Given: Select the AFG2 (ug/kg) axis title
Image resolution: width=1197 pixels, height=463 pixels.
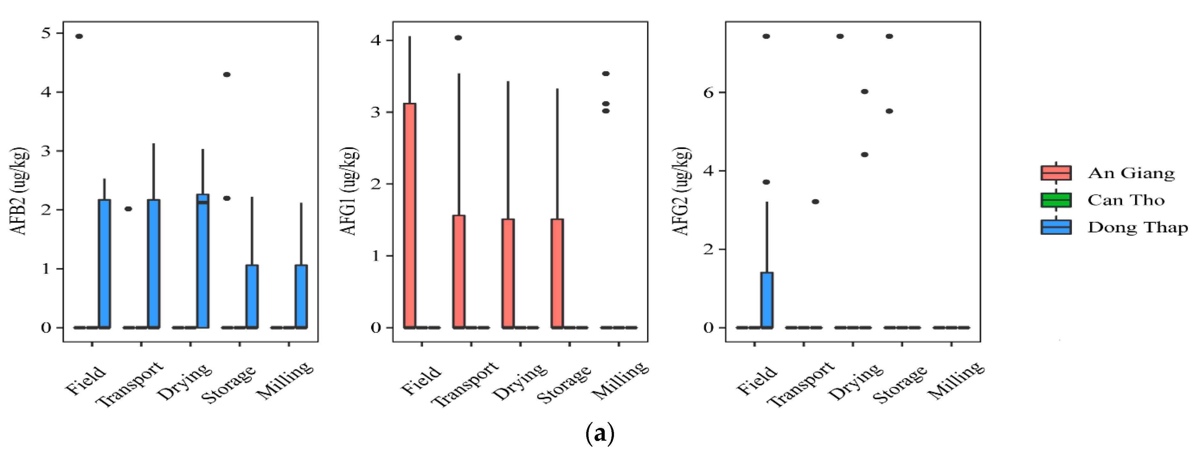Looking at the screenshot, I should [x=682, y=191].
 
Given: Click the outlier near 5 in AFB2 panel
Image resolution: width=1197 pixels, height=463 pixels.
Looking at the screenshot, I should [x=79, y=36].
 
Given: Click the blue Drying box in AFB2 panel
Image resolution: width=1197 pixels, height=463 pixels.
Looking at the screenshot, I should [x=203, y=260].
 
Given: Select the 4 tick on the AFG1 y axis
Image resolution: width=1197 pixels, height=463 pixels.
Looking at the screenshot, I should [x=375, y=41].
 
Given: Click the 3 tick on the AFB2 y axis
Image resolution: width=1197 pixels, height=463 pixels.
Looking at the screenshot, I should [x=46, y=151].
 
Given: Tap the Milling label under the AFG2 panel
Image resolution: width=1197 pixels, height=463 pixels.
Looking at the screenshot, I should [x=956, y=380].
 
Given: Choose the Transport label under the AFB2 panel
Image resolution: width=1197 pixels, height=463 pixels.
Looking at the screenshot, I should [x=130, y=384].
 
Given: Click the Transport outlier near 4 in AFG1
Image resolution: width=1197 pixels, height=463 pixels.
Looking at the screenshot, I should [x=458, y=38].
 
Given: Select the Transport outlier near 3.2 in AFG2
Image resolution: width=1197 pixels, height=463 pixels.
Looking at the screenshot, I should [x=815, y=202].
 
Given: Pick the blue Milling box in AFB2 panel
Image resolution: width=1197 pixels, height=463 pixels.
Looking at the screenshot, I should [x=301, y=296].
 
